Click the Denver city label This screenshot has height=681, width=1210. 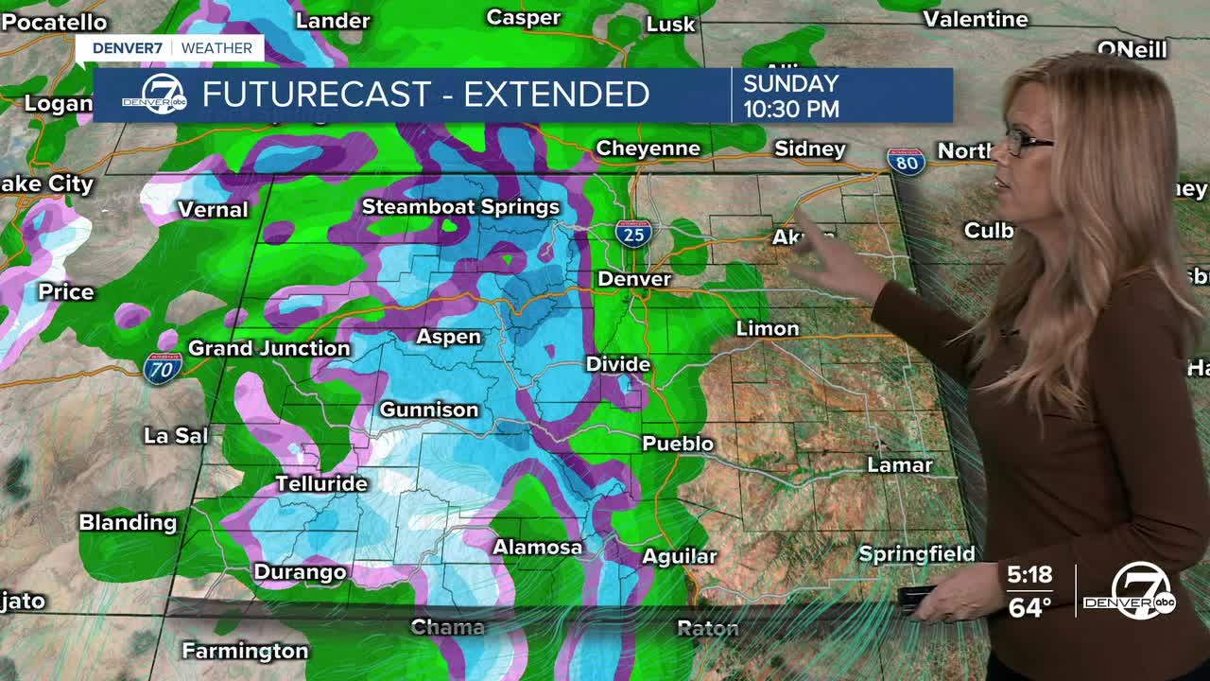[634, 279]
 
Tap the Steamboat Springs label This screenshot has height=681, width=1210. [460, 206]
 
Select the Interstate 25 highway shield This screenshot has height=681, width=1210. [632, 233]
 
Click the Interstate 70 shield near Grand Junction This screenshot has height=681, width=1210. [161, 368]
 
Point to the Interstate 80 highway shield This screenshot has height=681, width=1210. [905, 162]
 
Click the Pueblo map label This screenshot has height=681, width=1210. [678, 443]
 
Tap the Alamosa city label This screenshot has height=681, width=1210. [537, 547]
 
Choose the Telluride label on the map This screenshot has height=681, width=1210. [320, 483]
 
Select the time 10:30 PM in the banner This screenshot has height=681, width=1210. [790, 109]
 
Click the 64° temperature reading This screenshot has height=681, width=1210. [1029, 607]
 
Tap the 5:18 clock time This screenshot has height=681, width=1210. [1029, 575]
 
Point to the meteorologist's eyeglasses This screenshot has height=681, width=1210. [1028, 143]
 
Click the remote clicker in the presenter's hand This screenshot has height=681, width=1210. [916, 599]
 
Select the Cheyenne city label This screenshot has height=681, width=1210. [648, 148]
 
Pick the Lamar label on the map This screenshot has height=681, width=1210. [900, 464]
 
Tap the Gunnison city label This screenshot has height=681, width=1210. [428, 410]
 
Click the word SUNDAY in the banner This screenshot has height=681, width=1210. [790, 83]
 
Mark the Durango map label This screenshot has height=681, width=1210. [300, 572]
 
